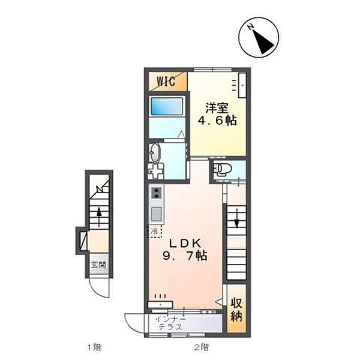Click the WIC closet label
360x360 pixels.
click(166, 81)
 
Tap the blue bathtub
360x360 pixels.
click(167, 107)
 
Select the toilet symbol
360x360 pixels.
click(222, 169)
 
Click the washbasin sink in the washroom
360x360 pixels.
click(155, 152)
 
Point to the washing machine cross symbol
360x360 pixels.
click(155, 171)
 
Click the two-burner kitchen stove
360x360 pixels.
click(157, 193)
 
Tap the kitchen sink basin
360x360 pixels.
click(157, 213)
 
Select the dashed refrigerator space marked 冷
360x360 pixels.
click(155, 231)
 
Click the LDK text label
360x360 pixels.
click(185, 244)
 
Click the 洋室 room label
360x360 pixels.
click(217, 109)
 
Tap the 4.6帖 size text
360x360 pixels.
click(217, 121)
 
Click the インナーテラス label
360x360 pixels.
click(170, 323)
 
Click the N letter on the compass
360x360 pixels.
click(250, 27)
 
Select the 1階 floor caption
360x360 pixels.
click(94, 347)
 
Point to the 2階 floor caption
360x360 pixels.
click(202, 347)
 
